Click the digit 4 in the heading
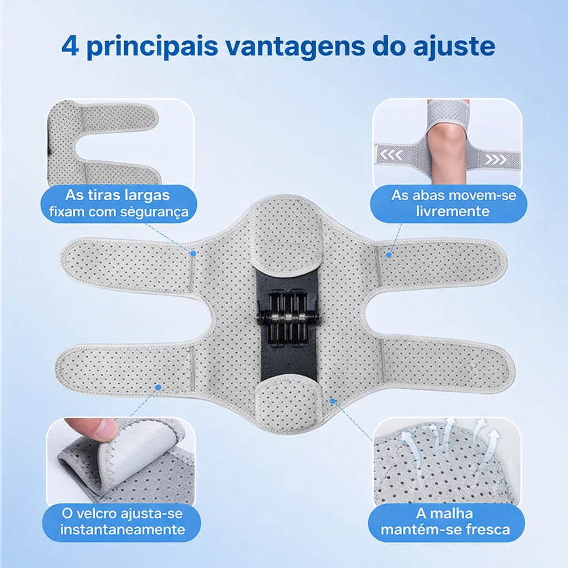[x=70, y=46]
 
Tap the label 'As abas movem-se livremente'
[x=448, y=204]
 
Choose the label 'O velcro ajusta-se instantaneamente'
[x=121, y=521]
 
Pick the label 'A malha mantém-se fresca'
[x=446, y=521]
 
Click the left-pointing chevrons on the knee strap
[x=392, y=156]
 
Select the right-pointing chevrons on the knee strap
[x=495, y=160]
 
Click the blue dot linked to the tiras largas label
[x=194, y=253]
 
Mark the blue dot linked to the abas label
[x=389, y=255]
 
